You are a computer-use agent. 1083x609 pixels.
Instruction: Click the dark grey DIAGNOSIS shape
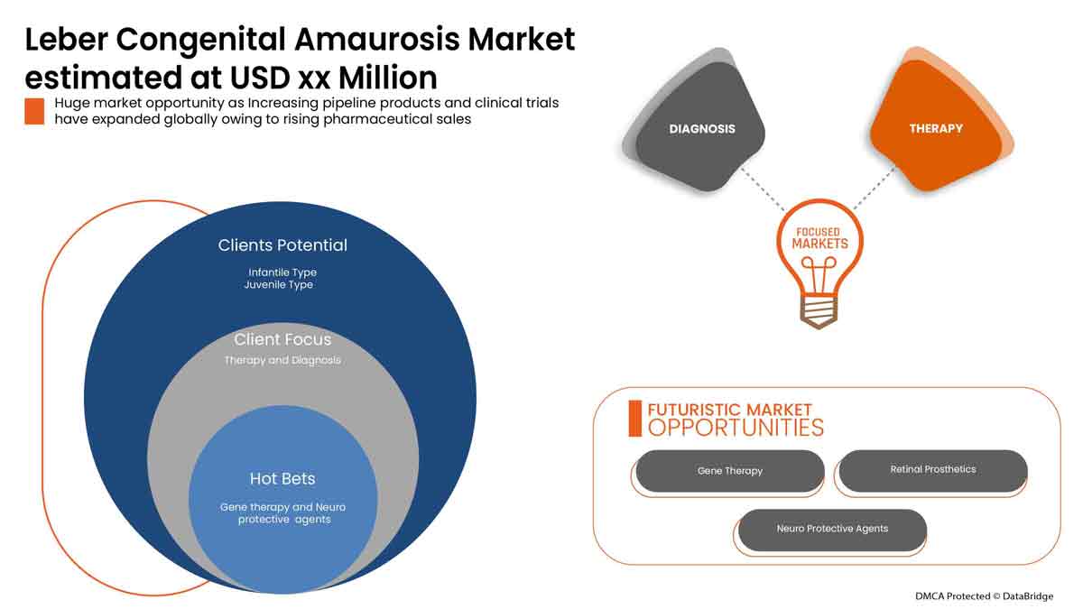coord(701,129)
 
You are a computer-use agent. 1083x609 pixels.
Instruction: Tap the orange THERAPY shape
coord(936,129)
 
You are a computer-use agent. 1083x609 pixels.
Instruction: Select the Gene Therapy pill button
coord(729,471)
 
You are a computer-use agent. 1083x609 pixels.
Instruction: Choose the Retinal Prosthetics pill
coord(932,469)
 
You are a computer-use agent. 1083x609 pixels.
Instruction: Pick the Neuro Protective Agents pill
coord(832,529)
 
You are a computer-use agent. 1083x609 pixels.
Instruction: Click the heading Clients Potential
coord(282,245)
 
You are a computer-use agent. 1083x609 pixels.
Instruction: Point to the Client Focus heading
coord(282,339)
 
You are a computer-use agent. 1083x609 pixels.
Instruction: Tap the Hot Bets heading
coord(282,478)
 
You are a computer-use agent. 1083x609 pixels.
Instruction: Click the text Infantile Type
coord(282,272)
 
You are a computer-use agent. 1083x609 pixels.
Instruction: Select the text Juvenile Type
coord(278,285)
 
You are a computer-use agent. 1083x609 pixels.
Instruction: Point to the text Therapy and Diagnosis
coord(282,360)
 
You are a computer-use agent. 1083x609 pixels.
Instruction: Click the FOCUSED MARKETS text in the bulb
coord(820,238)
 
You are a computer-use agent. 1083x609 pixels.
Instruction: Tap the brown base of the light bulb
coord(819,312)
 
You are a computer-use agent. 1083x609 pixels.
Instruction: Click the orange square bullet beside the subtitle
coord(34,111)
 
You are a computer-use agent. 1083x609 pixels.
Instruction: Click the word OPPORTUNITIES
coord(736,428)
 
